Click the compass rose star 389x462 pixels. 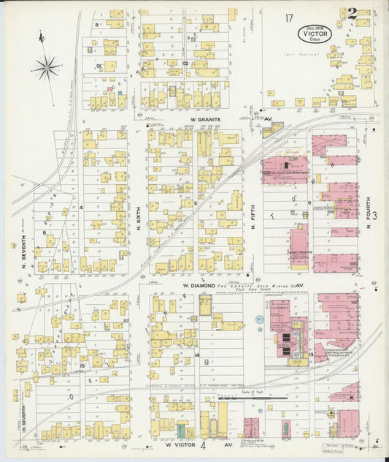[x=46, y=68]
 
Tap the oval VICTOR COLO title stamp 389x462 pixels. [x=315, y=34]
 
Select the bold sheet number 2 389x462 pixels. [x=352, y=13]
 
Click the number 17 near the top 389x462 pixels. [x=290, y=17]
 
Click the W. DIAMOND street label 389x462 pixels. [x=199, y=285]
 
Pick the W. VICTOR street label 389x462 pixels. [x=180, y=444]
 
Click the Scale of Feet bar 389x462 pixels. [x=253, y=398]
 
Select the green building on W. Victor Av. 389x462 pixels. [x=180, y=429]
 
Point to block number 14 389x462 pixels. [x=196, y=355]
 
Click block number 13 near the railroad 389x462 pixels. [x=311, y=355]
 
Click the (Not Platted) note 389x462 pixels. [x=297, y=53]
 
